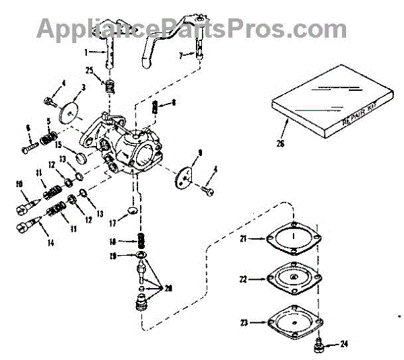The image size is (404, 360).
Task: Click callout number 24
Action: (x=344, y=345)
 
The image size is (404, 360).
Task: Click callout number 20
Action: (x=168, y=288)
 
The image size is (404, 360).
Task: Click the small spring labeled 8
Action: (x=156, y=106)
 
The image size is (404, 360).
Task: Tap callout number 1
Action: (x=86, y=52)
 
